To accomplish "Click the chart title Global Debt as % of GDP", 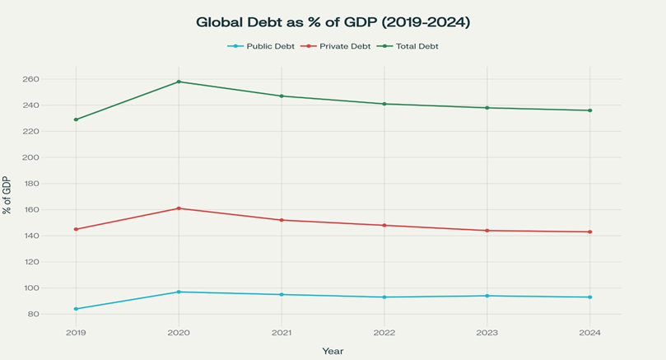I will tap(333, 22).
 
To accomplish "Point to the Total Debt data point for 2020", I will tap(179, 82).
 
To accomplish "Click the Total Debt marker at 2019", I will tap(76, 119).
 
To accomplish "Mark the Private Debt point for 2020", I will tap(179, 208).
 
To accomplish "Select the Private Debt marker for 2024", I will tap(589, 231).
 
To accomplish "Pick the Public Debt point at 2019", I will tap(76, 309).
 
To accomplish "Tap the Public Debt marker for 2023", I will tap(487, 296).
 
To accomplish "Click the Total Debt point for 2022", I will tap(384, 104).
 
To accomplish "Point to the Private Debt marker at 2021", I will tap(282, 220).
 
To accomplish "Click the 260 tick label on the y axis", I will tap(54, 79).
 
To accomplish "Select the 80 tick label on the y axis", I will tap(57, 314).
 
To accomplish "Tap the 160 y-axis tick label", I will tap(54, 209).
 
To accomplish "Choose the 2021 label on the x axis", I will tap(282, 333).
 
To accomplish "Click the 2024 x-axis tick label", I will tap(589, 333).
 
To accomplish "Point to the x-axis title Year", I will tap(333, 351).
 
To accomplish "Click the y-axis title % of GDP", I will tap(7, 195).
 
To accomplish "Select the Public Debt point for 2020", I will tap(179, 292).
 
